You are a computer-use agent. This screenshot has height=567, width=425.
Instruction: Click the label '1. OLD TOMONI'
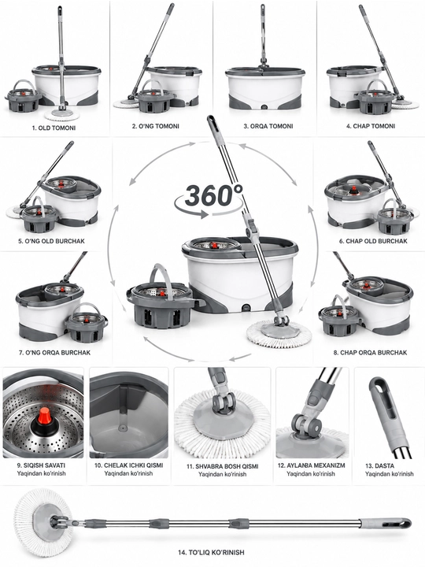point(54,128)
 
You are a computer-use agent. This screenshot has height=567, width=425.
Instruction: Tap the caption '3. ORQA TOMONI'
point(268,126)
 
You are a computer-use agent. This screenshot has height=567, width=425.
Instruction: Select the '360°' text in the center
point(213,195)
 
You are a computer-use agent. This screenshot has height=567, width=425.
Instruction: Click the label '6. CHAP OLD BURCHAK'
point(372,241)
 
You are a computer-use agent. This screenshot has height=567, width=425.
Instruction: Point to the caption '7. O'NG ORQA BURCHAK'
point(54,352)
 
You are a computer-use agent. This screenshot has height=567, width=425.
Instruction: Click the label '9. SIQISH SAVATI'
point(41,465)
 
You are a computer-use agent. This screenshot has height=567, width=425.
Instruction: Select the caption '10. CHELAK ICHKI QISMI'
point(128,465)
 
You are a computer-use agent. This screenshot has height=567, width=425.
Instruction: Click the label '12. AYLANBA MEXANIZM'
point(311,465)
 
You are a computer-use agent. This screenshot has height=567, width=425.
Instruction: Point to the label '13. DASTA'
point(379,465)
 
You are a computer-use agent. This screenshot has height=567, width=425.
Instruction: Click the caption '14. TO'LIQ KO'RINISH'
point(211,552)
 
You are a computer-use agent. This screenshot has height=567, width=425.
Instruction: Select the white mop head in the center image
point(279,332)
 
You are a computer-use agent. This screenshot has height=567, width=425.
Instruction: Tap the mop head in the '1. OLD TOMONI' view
point(62,115)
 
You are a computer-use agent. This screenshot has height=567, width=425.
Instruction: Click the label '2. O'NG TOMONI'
point(155,126)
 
